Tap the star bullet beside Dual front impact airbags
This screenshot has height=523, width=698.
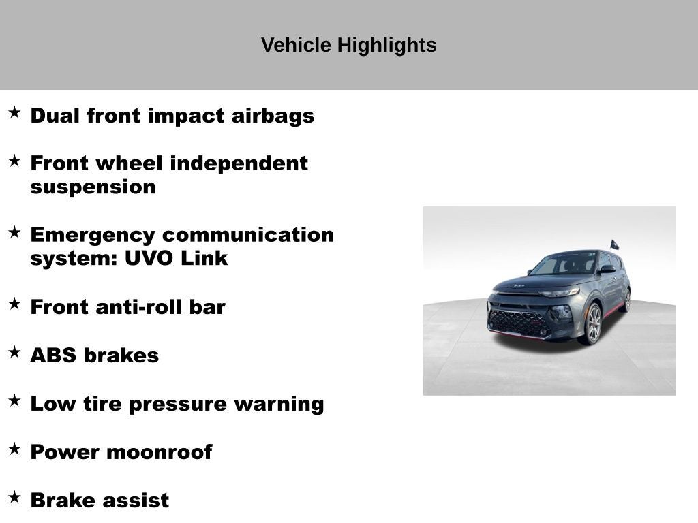(14, 113)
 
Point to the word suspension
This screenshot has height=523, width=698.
(93, 187)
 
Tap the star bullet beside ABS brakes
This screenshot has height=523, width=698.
(14, 353)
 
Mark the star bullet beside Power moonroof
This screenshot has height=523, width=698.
(14, 449)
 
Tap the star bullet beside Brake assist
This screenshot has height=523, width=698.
(14, 497)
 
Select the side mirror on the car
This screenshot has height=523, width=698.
(606, 270)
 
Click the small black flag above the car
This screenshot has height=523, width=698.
(614, 244)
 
